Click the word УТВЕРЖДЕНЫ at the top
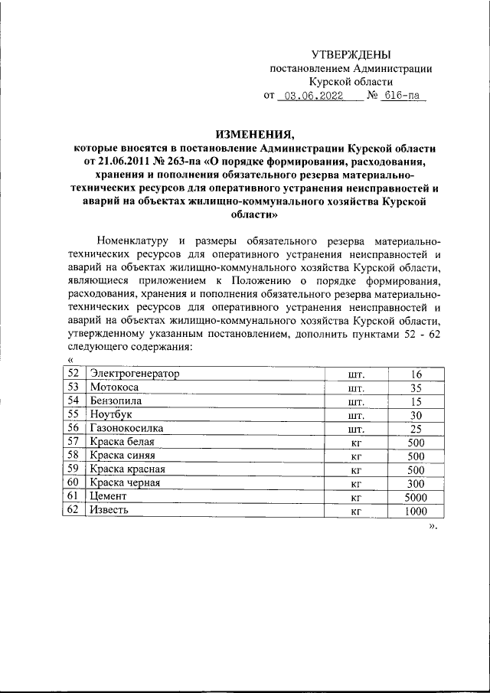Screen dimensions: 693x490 351,54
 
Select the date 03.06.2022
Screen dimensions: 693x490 313,96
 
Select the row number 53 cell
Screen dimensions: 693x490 73,387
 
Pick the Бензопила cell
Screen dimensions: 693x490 116,401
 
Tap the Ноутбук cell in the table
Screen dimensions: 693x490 111,415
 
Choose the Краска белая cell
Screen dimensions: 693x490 122,442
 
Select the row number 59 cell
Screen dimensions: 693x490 73,469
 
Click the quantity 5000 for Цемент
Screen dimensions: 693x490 416,497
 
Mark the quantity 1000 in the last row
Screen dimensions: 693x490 416,511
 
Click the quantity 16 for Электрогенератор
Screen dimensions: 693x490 416,374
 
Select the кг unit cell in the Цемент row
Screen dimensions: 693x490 355,497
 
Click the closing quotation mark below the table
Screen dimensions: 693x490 433,526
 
